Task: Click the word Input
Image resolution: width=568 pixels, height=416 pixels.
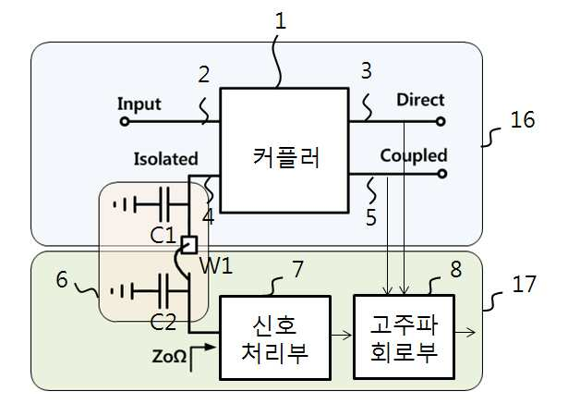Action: (x=139, y=104)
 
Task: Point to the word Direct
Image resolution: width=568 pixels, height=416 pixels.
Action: (x=420, y=100)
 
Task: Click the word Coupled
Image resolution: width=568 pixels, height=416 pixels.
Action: (x=414, y=156)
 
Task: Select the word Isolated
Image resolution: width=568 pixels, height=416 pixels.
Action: (x=166, y=159)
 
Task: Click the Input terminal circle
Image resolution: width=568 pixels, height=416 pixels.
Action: (x=125, y=121)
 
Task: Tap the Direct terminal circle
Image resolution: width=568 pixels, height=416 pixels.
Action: (x=441, y=121)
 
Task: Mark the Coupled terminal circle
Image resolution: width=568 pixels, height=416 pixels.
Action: (x=442, y=174)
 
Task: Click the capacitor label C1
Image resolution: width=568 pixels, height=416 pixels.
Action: (x=163, y=235)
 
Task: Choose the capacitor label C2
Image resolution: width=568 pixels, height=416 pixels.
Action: (x=163, y=322)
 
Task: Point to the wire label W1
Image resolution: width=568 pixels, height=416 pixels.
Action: (x=216, y=266)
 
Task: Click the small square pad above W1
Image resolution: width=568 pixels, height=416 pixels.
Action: (x=189, y=245)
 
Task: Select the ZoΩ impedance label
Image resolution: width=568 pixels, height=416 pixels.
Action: (x=170, y=356)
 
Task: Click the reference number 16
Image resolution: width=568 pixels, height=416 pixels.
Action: (x=523, y=119)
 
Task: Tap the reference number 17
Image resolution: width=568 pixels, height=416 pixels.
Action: (x=524, y=284)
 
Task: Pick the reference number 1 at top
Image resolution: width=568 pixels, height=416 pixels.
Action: (x=281, y=20)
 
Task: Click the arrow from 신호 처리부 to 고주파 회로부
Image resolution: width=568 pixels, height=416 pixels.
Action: (x=342, y=336)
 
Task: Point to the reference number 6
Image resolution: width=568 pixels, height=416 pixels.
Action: (x=62, y=279)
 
